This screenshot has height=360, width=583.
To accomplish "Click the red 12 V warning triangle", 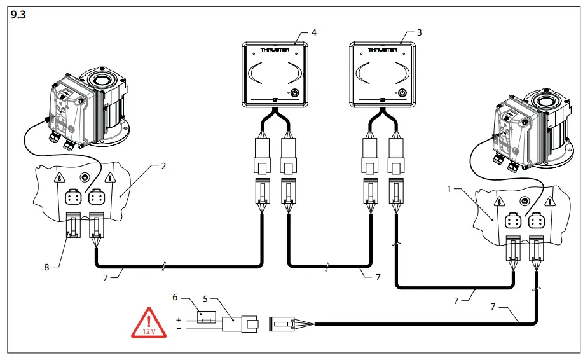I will pyautogui.click(x=147, y=323).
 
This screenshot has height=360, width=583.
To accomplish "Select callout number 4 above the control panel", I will pyautogui.click(x=313, y=31).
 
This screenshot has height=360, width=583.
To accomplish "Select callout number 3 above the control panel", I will pyautogui.click(x=418, y=31).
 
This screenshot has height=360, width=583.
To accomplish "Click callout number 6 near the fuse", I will pyautogui.click(x=175, y=296).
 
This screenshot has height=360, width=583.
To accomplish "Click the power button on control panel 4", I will pyautogui.click(x=294, y=93).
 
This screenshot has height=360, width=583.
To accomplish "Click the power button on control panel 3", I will pyautogui.click(x=401, y=93).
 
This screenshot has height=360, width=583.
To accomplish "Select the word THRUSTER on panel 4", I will pyautogui.click(x=275, y=49).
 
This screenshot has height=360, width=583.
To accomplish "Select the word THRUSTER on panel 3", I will pyautogui.click(x=382, y=49).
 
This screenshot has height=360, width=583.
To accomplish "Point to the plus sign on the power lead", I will pyautogui.click(x=179, y=320).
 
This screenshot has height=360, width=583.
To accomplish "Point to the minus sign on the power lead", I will pyautogui.click(x=179, y=329).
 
